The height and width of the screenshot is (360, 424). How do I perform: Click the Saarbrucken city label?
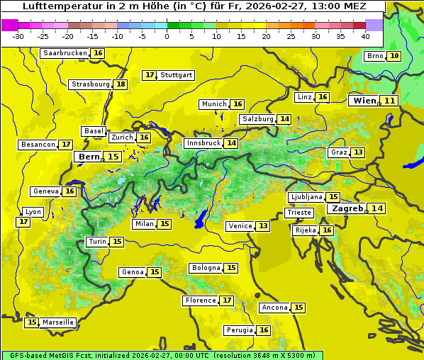click(x=65, y=53)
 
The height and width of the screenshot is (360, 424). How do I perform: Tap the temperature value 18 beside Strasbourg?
click(x=121, y=84)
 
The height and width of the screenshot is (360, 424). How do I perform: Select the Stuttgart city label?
click(x=176, y=75)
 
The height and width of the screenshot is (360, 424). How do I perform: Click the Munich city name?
click(x=214, y=104)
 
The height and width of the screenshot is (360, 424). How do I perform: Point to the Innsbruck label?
click(x=203, y=143)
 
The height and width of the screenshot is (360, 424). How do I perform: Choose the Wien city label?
click(x=364, y=101)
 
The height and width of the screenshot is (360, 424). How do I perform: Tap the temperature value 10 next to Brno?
click(x=394, y=56)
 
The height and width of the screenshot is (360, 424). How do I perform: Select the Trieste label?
click(x=299, y=213)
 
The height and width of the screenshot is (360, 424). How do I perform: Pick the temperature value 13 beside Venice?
click(x=263, y=226)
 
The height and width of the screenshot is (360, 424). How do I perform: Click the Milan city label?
click(x=144, y=224)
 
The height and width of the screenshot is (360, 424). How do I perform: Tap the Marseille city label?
click(x=58, y=322)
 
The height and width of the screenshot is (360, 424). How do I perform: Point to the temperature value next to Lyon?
click(x=23, y=222)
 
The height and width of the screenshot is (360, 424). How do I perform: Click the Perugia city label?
click(x=239, y=330)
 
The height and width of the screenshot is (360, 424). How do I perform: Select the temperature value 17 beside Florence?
click(x=227, y=300)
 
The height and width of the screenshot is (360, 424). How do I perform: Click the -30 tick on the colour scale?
click(x=18, y=36)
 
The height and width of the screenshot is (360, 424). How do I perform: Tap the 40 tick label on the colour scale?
click(x=365, y=36)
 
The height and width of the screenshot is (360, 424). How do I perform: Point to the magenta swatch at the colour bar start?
click(x=9, y=24)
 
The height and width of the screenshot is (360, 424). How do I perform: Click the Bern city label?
click(x=89, y=157)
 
